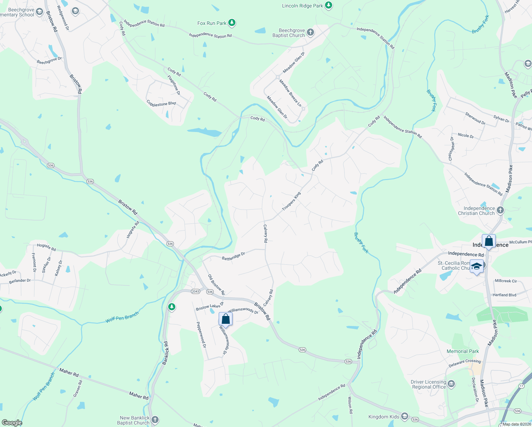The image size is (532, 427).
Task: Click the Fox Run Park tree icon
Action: click(x=232, y=23)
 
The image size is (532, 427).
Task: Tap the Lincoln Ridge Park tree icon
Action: click(x=329, y=5)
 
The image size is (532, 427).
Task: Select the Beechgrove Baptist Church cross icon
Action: click(x=310, y=33)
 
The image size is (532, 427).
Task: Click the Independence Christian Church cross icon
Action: click(x=500, y=210)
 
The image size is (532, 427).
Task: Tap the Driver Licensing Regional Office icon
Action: click(x=452, y=384)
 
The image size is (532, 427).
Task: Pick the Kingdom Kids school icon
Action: click(x=404, y=416)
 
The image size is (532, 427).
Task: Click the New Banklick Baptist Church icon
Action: click(x=155, y=420)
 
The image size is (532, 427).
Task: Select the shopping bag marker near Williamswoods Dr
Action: click(x=225, y=319)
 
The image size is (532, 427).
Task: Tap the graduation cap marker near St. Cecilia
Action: click(x=477, y=266)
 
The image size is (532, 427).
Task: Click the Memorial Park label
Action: click(x=463, y=351)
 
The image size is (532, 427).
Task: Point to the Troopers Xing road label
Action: click(x=291, y=201)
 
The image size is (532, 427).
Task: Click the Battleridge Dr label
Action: click(x=233, y=256)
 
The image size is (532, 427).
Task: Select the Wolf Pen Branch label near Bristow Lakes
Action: click(x=122, y=317)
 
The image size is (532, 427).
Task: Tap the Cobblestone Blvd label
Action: click(x=161, y=103)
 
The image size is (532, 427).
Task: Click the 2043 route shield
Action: click(x=195, y=291)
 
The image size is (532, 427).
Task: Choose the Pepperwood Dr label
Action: click(x=201, y=335)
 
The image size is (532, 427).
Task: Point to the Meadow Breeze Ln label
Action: click(x=290, y=93)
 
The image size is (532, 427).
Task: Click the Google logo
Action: click(x=12, y=422)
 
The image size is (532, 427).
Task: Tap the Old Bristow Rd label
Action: click(x=216, y=284)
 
